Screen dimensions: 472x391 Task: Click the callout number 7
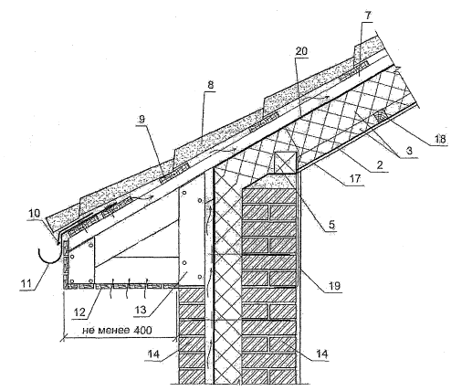368,16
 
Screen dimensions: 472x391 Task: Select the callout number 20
301,51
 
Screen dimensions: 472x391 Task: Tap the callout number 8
211,85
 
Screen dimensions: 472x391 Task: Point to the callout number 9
142,119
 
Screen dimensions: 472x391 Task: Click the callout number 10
35,213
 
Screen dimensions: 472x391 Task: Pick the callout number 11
26,284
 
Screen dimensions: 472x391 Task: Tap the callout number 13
141,310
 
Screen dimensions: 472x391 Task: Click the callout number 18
440,139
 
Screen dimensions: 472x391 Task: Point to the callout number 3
409,150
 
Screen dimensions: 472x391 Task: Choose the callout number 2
379,165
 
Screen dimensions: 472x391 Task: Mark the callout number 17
354,178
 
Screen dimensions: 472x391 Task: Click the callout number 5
331,225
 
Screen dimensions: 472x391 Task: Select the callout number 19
334,286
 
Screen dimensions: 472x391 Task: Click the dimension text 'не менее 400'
117,330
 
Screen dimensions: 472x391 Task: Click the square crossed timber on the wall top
285,162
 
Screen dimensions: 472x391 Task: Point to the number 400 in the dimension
142,330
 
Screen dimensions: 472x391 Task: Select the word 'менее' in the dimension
114,331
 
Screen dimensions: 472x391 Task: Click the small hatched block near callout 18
381,117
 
